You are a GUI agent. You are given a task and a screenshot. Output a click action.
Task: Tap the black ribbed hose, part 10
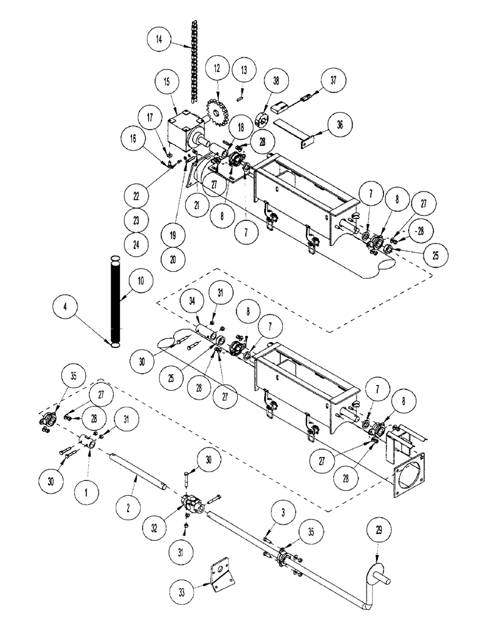[x=114, y=300]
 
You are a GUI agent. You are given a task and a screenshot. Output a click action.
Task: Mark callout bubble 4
[x=68, y=307]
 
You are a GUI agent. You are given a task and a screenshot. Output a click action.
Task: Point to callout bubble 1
[x=88, y=491]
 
